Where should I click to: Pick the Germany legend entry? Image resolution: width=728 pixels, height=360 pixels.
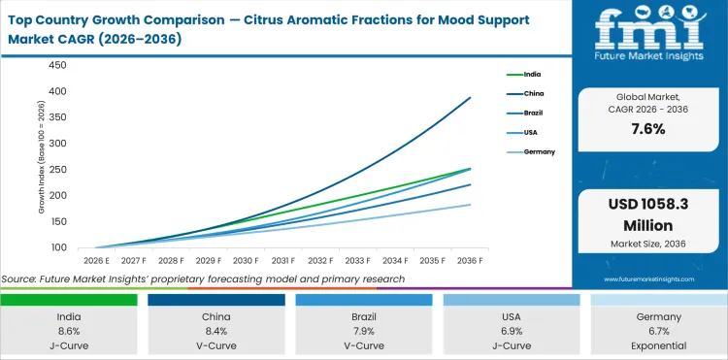tap(541, 152)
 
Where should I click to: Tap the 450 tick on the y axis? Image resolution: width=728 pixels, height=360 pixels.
tap(57, 65)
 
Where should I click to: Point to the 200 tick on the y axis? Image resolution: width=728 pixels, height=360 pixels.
tap(57, 195)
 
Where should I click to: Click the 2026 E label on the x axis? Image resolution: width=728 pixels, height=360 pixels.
tap(95, 260)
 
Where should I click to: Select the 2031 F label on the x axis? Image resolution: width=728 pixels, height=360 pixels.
tap(282, 260)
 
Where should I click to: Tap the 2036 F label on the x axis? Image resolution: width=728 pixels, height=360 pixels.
tap(470, 260)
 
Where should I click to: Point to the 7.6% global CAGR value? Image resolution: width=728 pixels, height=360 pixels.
tap(647, 129)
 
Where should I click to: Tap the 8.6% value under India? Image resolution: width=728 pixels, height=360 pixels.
tap(69, 331)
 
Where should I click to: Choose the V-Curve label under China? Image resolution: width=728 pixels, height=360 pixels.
tap(216, 345)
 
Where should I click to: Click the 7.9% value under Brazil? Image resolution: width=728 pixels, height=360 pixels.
tap(364, 331)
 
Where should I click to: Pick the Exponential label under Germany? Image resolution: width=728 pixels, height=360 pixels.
tap(658, 345)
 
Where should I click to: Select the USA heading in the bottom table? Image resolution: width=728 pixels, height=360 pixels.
tap(511, 316)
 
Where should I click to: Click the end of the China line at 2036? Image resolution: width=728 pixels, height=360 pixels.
tap(471, 97)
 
